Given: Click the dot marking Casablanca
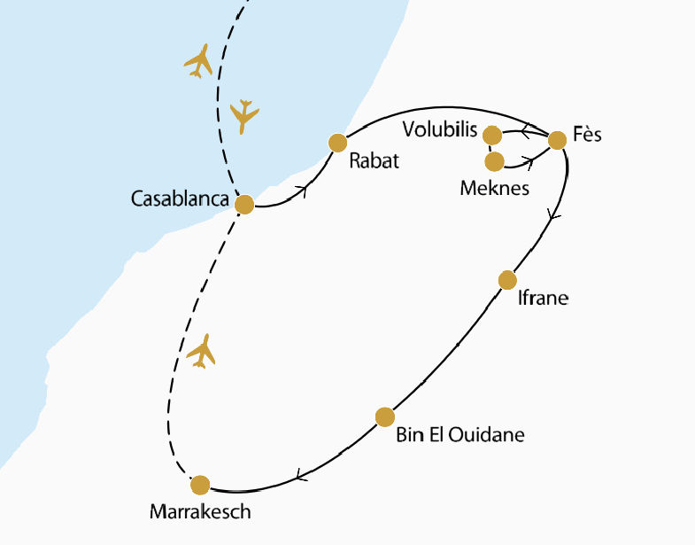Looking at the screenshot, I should [244, 204].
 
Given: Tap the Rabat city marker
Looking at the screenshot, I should [337, 142].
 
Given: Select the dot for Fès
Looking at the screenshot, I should [557, 140].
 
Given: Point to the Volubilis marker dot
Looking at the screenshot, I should [492, 136].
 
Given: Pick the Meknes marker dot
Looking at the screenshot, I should [494, 161].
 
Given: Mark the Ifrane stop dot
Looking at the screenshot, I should [507, 280].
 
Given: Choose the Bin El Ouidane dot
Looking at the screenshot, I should [384, 417].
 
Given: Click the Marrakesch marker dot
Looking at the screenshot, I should [200, 485].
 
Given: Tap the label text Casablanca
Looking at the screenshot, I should [181, 199].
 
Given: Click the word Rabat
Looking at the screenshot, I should [375, 161].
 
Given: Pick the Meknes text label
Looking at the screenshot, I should [495, 189].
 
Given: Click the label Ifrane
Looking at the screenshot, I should [543, 299].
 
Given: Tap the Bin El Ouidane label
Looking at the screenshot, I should [461, 435].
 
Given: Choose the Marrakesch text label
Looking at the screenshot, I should [201, 512].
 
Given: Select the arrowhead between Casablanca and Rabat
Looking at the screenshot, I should [305, 189].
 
